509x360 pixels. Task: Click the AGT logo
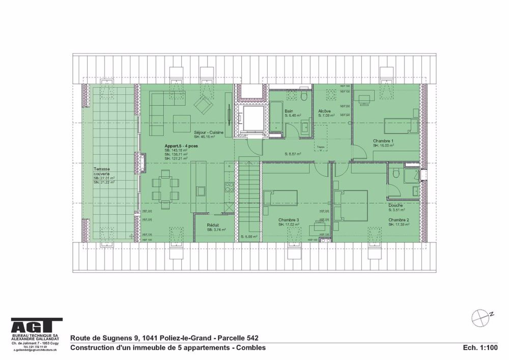click(37, 326)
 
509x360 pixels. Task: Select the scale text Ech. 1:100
click(480, 348)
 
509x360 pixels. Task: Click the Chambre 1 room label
click(383, 141)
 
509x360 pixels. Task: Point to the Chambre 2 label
click(399, 220)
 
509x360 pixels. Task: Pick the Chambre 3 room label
click(289, 220)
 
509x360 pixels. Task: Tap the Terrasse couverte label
click(104, 172)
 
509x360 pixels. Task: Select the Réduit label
click(213, 225)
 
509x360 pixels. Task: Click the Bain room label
click(289, 111)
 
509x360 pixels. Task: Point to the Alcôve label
click(325, 111)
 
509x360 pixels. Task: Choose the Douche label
click(395, 205)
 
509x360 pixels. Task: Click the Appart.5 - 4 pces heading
click(177, 146)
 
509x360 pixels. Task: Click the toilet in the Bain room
click(303, 97)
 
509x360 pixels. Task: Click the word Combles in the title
click(249, 348)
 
